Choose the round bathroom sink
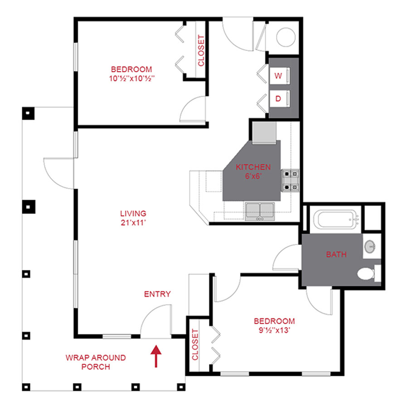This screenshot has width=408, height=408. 370,247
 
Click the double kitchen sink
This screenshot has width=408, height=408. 260,211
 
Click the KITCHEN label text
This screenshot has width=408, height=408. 253,167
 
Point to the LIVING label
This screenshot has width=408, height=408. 133,213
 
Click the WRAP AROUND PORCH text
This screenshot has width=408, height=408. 96,362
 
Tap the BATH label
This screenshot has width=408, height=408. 336,254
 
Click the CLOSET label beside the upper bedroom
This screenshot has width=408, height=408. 201,51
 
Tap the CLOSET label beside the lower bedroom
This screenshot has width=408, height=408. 195,345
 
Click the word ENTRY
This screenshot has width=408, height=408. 157,294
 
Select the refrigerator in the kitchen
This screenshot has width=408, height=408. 264,132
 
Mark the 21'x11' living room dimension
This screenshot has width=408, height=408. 133,223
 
